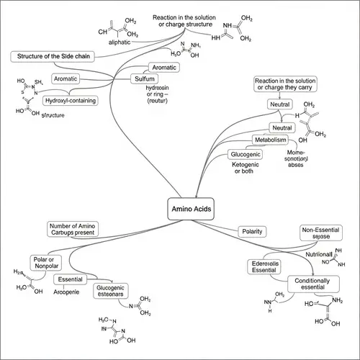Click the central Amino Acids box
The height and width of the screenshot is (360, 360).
pyautogui.click(x=191, y=207)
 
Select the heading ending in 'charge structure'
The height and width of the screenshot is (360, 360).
pyautogui.click(x=185, y=21)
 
